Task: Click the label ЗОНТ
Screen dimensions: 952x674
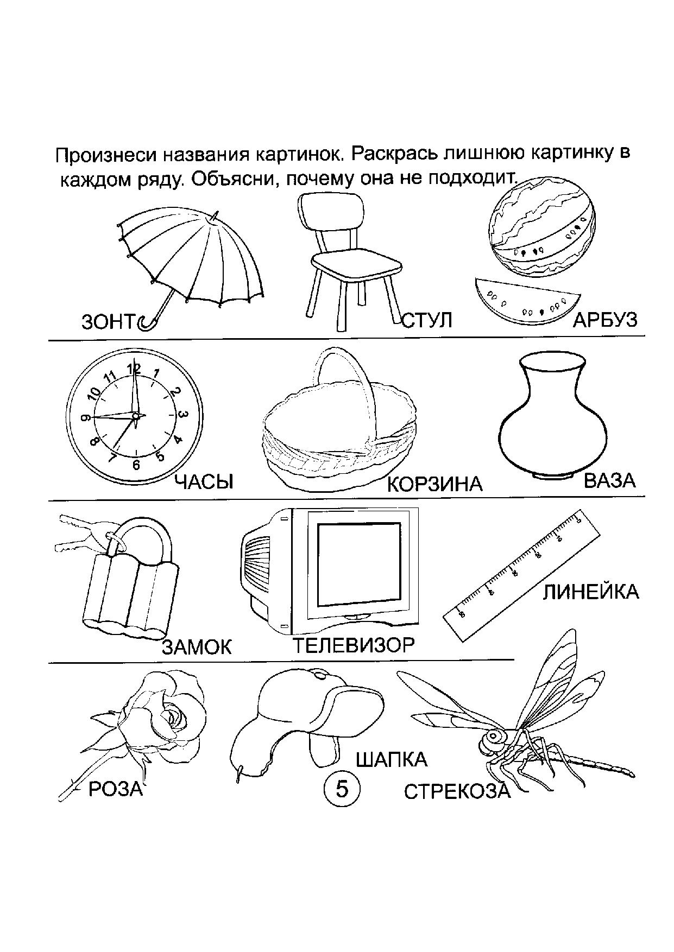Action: (x=107, y=322)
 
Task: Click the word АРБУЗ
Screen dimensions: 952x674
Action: (x=604, y=320)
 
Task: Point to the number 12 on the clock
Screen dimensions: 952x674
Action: (x=134, y=369)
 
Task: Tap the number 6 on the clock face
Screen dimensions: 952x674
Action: (x=136, y=465)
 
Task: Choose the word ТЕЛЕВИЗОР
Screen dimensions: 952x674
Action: (x=354, y=645)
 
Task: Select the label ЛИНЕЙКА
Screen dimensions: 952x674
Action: (x=590, y=592)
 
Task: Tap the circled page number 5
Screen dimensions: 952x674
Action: (x=342, y=789)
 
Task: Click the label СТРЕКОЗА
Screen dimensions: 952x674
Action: (x=457, y=792)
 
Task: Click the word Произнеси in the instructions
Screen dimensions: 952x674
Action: (x=103, y=156)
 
